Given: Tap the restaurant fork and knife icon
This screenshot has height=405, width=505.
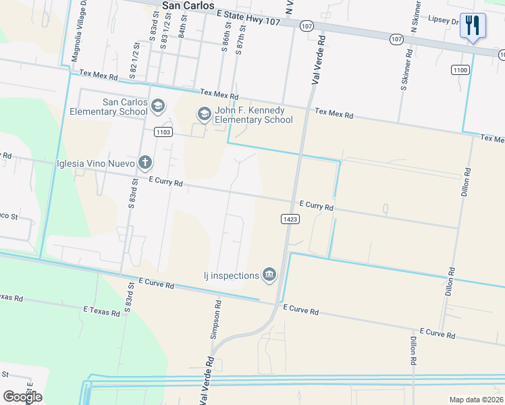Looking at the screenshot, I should tap(473, 26).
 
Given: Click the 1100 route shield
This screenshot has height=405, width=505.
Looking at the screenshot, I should tap(460, 70).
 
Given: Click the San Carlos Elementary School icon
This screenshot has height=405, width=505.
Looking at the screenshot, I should tap(158, 106).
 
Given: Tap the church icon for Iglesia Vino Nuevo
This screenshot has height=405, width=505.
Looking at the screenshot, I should tap(144, 162).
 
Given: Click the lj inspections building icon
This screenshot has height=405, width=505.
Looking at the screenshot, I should tap(269, 274).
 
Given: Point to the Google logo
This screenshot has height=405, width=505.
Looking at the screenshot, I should tap(22, 396).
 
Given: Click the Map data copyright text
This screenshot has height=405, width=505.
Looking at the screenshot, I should tap(477, 400).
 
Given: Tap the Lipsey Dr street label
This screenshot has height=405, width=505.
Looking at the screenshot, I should tap(444, 22).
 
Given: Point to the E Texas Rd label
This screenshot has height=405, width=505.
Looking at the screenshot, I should tap(102, 310).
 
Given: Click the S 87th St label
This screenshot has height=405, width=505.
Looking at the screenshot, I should tap(239, 41).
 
